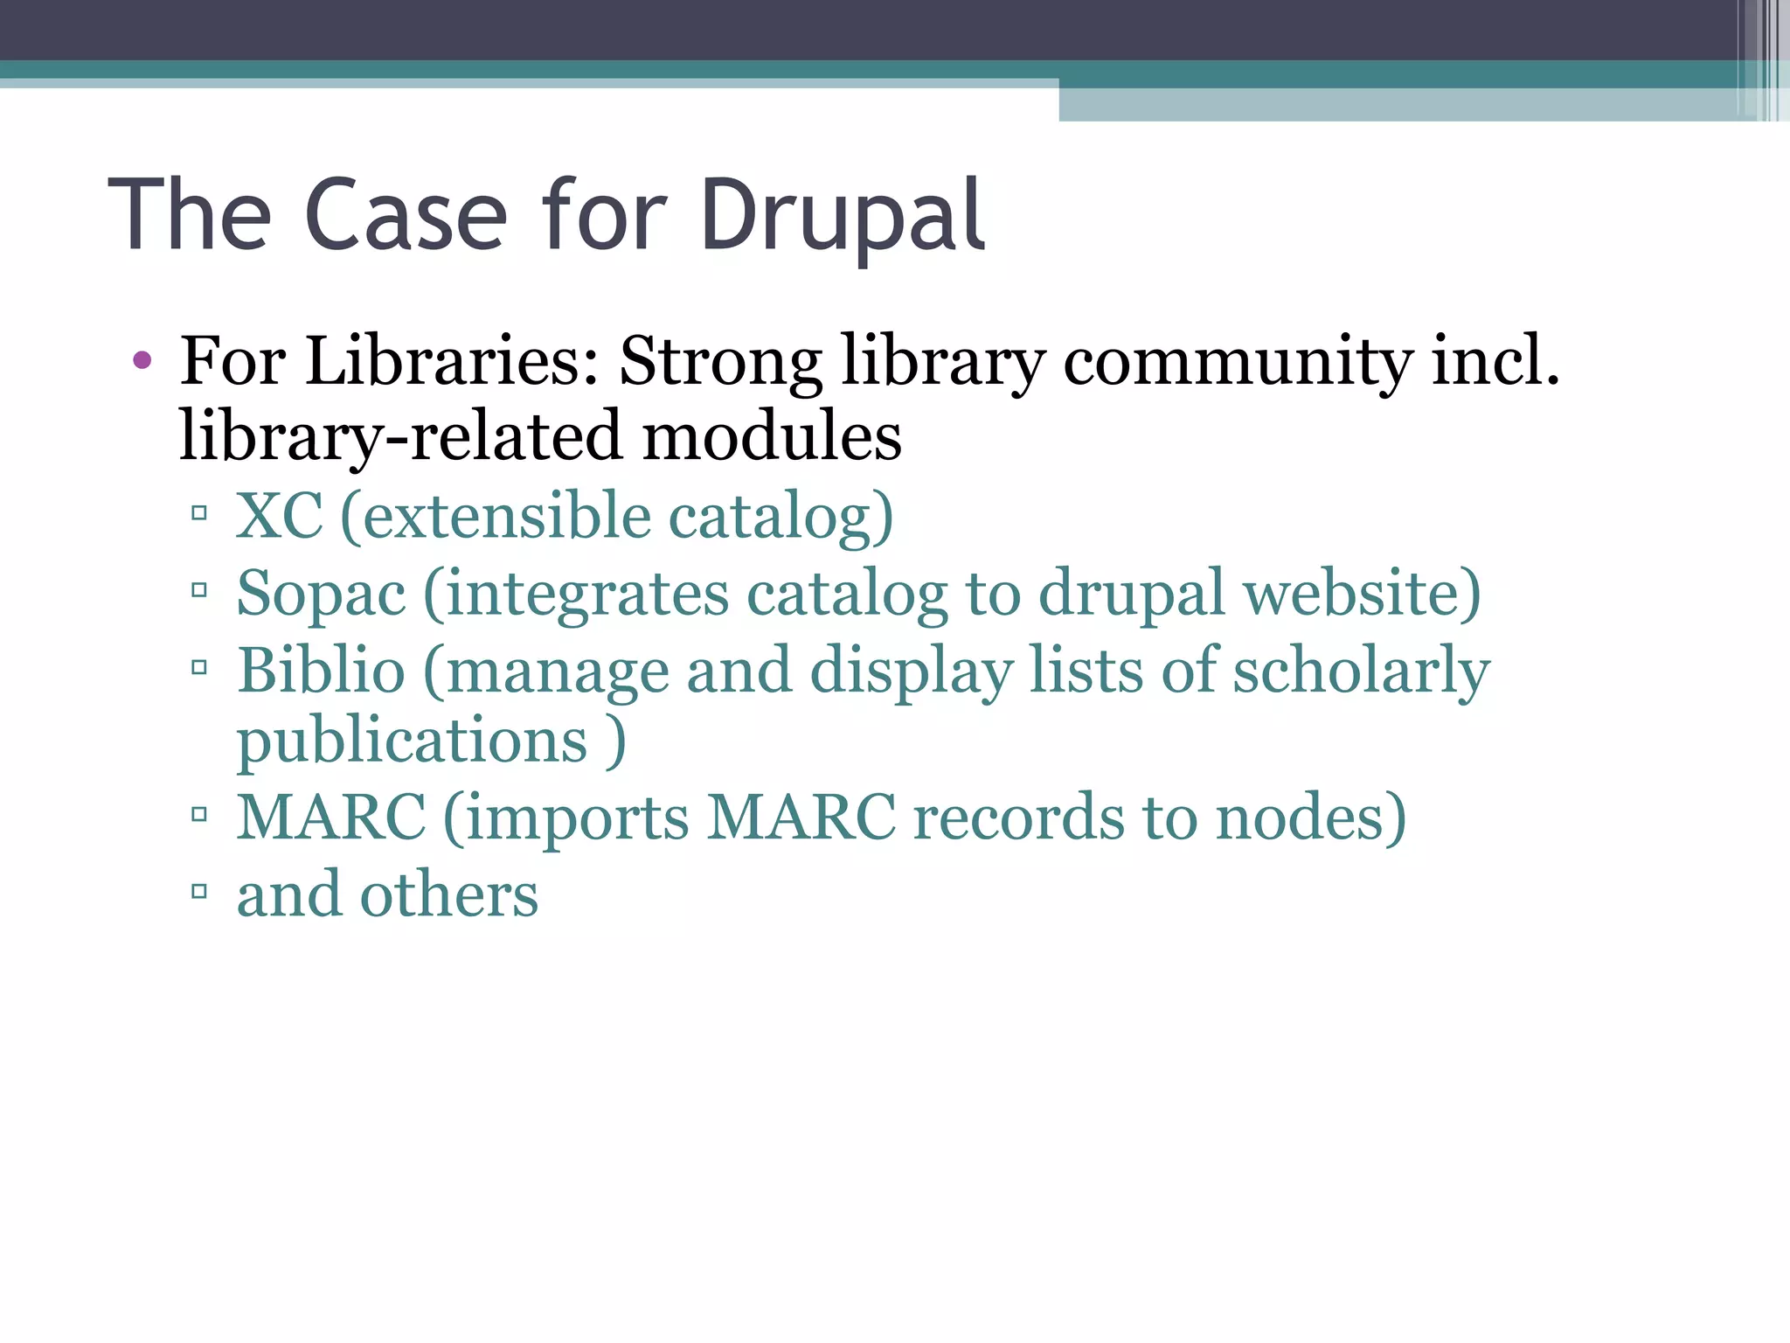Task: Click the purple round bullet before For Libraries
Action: tap(142, 359)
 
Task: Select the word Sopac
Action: tap(321, 594)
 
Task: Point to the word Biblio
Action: tap(321, 671)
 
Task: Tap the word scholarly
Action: tap(1361, 671)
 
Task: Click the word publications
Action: tap(412, 741)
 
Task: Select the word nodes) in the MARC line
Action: tap(1311, 818)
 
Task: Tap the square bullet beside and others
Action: tap(199, 892)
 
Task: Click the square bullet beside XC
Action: tap(199, 512)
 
